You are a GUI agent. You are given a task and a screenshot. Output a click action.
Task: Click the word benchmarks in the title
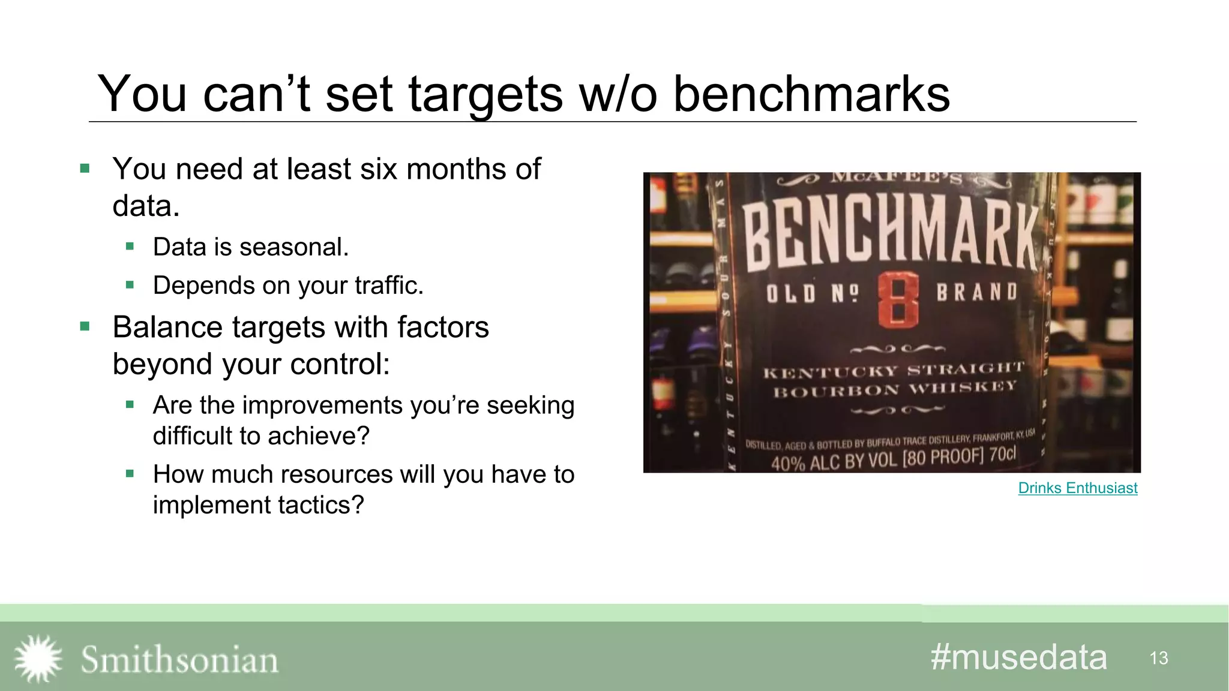811,94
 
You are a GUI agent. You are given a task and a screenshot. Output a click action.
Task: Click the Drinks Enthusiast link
1077,488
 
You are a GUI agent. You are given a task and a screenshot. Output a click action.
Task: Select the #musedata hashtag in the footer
1018,657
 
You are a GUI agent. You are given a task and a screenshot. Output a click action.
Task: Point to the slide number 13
1158,659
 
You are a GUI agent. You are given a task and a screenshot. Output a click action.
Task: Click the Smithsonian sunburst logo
38,659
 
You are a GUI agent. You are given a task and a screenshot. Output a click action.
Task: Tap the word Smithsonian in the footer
179,660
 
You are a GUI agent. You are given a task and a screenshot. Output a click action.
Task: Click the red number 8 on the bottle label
898,300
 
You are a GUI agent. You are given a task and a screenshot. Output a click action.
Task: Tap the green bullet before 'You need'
85,169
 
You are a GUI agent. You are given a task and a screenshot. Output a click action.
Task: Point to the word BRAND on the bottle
977,292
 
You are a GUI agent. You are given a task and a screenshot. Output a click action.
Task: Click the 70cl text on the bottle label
1002,454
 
